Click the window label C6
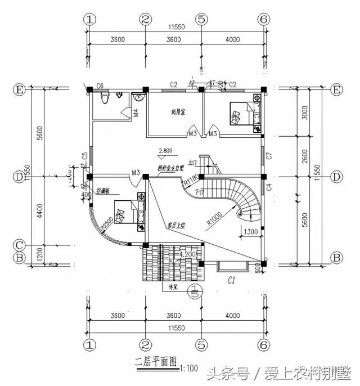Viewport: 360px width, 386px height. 100,85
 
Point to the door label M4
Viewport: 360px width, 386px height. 136,113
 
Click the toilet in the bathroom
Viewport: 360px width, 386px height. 103,99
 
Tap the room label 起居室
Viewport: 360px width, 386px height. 179,111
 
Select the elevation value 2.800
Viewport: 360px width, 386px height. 165,150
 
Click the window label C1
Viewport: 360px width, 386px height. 231,279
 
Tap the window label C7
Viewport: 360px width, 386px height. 269,154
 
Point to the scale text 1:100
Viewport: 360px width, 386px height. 190,369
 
